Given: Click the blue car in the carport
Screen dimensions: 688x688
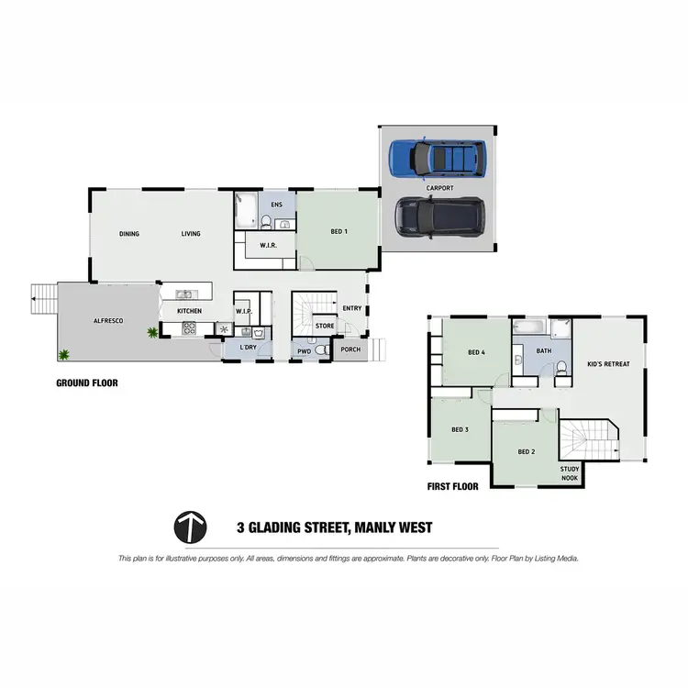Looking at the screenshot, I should click(434, 158).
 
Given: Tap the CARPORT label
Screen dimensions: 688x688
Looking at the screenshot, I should click(439, 187).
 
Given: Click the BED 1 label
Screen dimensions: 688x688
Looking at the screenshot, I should click(338, 231).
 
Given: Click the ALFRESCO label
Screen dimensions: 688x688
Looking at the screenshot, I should click(109, 320).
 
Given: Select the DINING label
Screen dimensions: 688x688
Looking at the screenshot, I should click(129, 234).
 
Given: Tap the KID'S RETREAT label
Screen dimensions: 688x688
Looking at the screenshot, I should click(608, 364).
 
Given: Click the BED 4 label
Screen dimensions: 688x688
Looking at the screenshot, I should click(475, 352).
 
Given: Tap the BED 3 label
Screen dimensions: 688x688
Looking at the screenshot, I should click(461, 429).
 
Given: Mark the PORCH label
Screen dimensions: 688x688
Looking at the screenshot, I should click(350, 350).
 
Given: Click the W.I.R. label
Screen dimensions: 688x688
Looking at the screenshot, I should click(269, 245).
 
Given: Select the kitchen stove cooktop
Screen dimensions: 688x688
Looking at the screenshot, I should click(192, 327).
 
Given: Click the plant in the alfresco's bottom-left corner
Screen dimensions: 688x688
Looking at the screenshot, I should click(64, 354).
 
